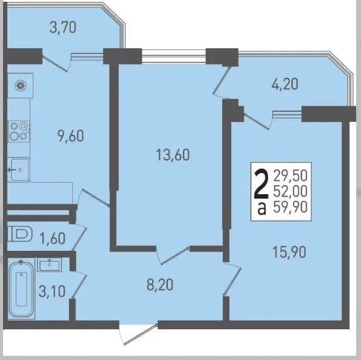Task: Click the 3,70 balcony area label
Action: point(63,27)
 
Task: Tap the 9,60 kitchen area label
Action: point(71,136)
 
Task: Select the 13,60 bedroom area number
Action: point(173,154)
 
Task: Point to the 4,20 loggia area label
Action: point(285,84)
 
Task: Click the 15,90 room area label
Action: point(289,252)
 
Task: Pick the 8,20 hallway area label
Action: point(160,285)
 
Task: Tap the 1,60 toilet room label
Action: point(53,238)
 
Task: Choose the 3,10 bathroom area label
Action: point(52,291)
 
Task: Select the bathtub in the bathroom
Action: point(21,288)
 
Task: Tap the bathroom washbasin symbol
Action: point(50,265)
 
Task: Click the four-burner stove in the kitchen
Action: point(19,131)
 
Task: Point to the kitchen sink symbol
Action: point(18,170)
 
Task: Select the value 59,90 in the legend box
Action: point(290,207)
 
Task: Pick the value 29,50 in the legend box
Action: point(290,175)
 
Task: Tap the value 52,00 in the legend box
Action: point(290,191)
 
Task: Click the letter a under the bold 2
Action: point(262,210)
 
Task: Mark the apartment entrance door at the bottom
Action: point(138,333)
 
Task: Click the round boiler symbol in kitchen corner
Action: point(21,86)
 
